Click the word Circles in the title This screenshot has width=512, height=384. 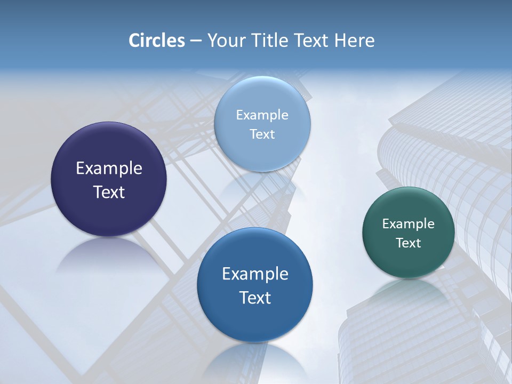[x=156, y=41]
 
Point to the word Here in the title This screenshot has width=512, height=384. [x=354, y=41]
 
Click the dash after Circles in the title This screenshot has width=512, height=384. [x=195, y=41]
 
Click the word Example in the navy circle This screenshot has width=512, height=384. [x=109, y=169]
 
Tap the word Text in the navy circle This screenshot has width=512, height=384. [x=109, y=192]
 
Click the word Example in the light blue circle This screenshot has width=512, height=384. [x=262, y=115]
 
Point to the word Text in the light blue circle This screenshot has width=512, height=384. [x=262, y=134]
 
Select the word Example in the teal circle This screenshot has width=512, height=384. [x=409, y=223]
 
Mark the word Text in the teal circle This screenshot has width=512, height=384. [x=409, y=243]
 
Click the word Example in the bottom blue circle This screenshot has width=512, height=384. [x=255, y=274]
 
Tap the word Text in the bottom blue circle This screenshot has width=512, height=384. [x=255, y=298]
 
